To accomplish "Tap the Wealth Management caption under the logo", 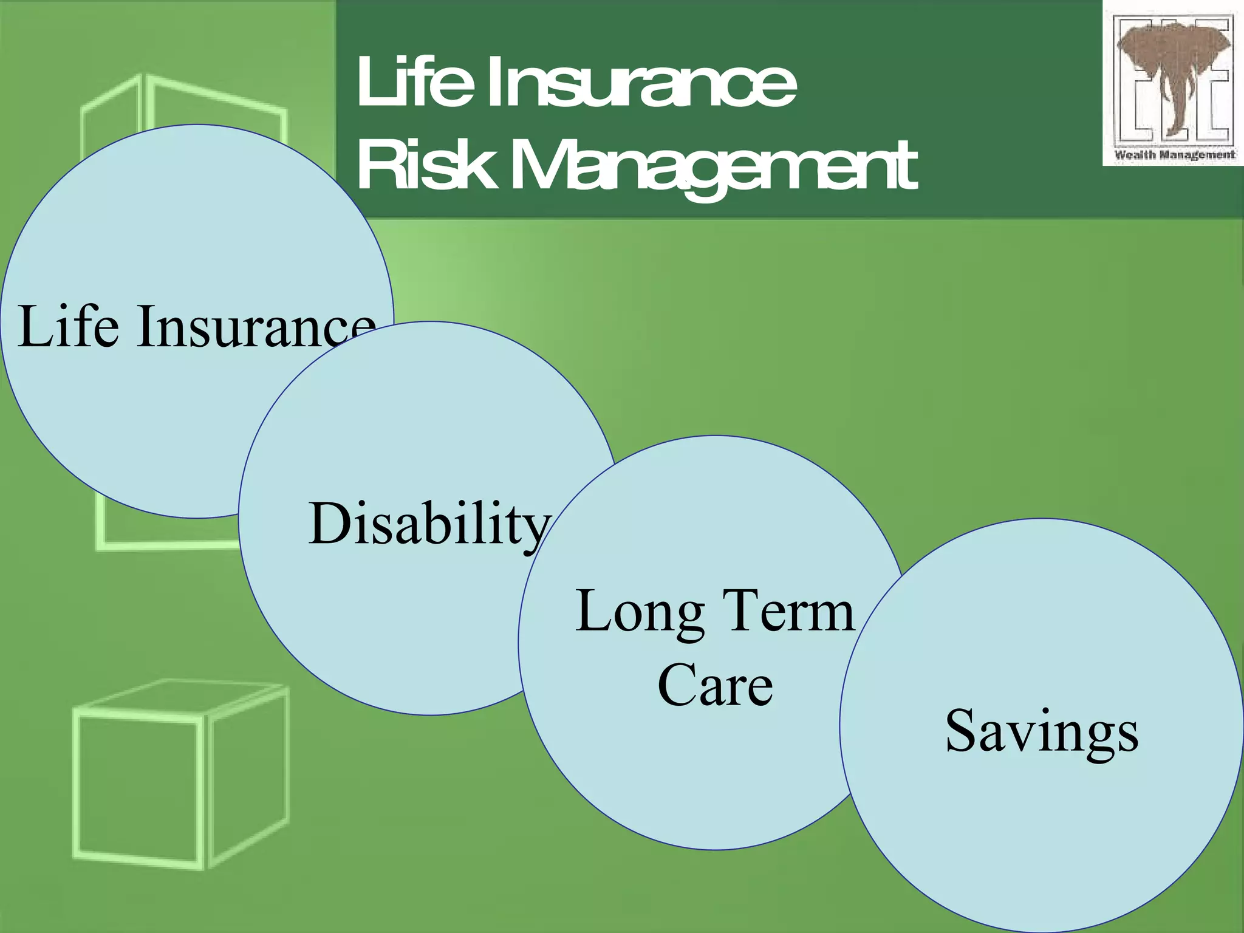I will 1174,155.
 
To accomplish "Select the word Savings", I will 1041,731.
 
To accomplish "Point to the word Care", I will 715,686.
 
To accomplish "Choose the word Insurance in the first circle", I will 255,328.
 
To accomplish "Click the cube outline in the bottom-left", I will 180,775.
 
